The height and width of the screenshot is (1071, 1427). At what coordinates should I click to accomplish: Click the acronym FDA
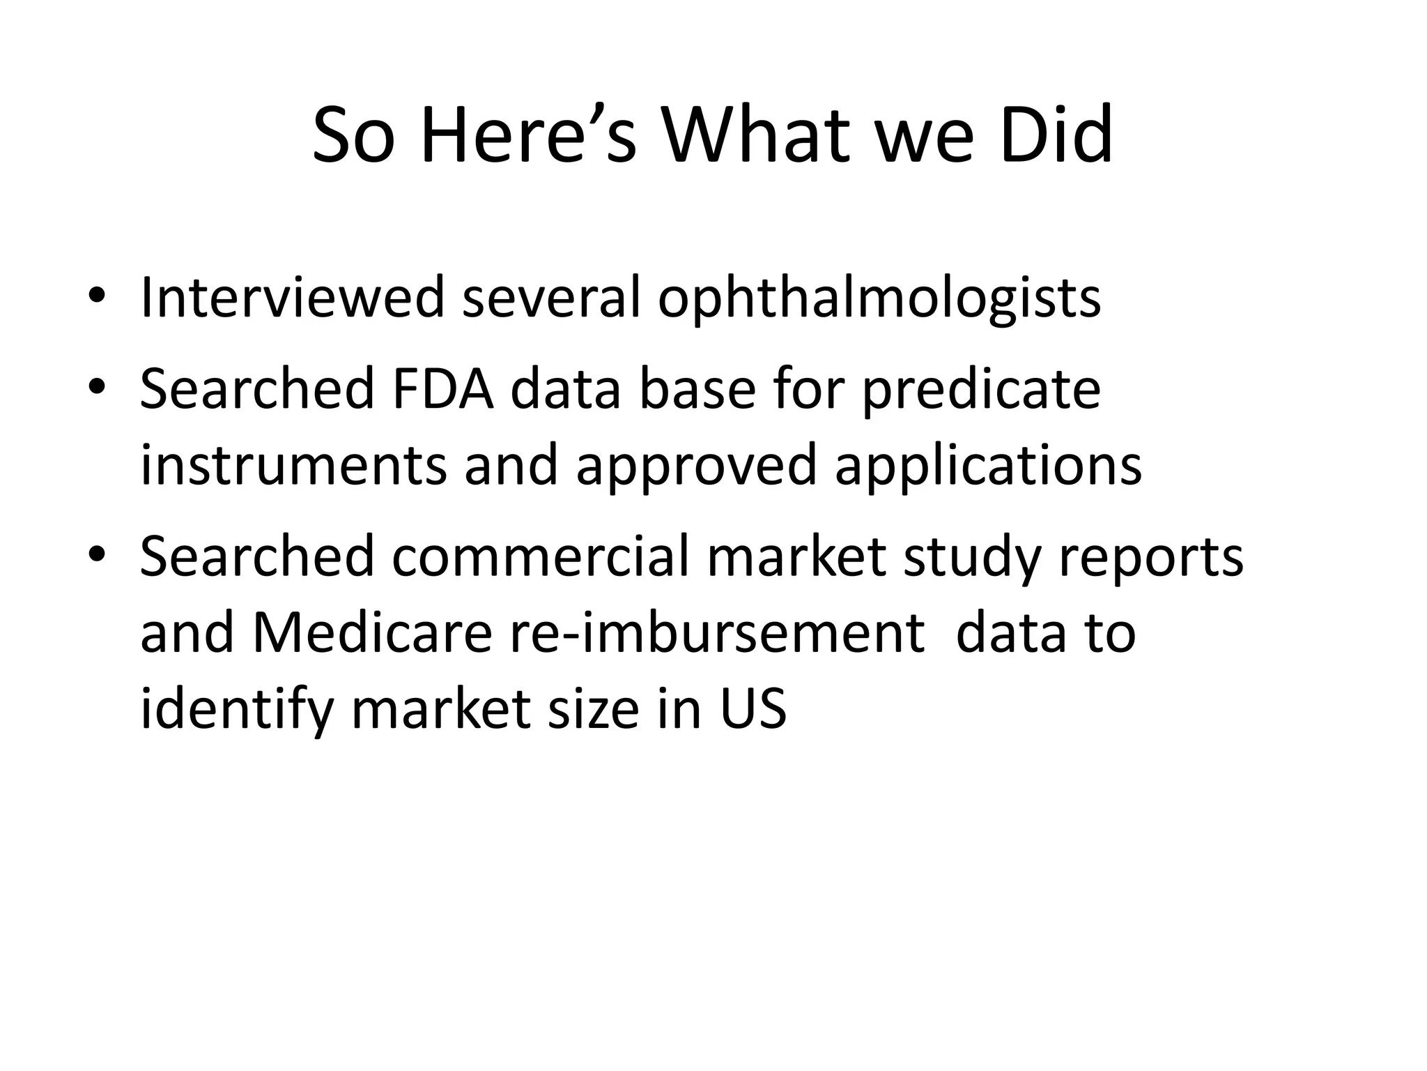pos(443,388)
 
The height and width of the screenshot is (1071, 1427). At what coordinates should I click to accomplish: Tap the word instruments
pos(293,466)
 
